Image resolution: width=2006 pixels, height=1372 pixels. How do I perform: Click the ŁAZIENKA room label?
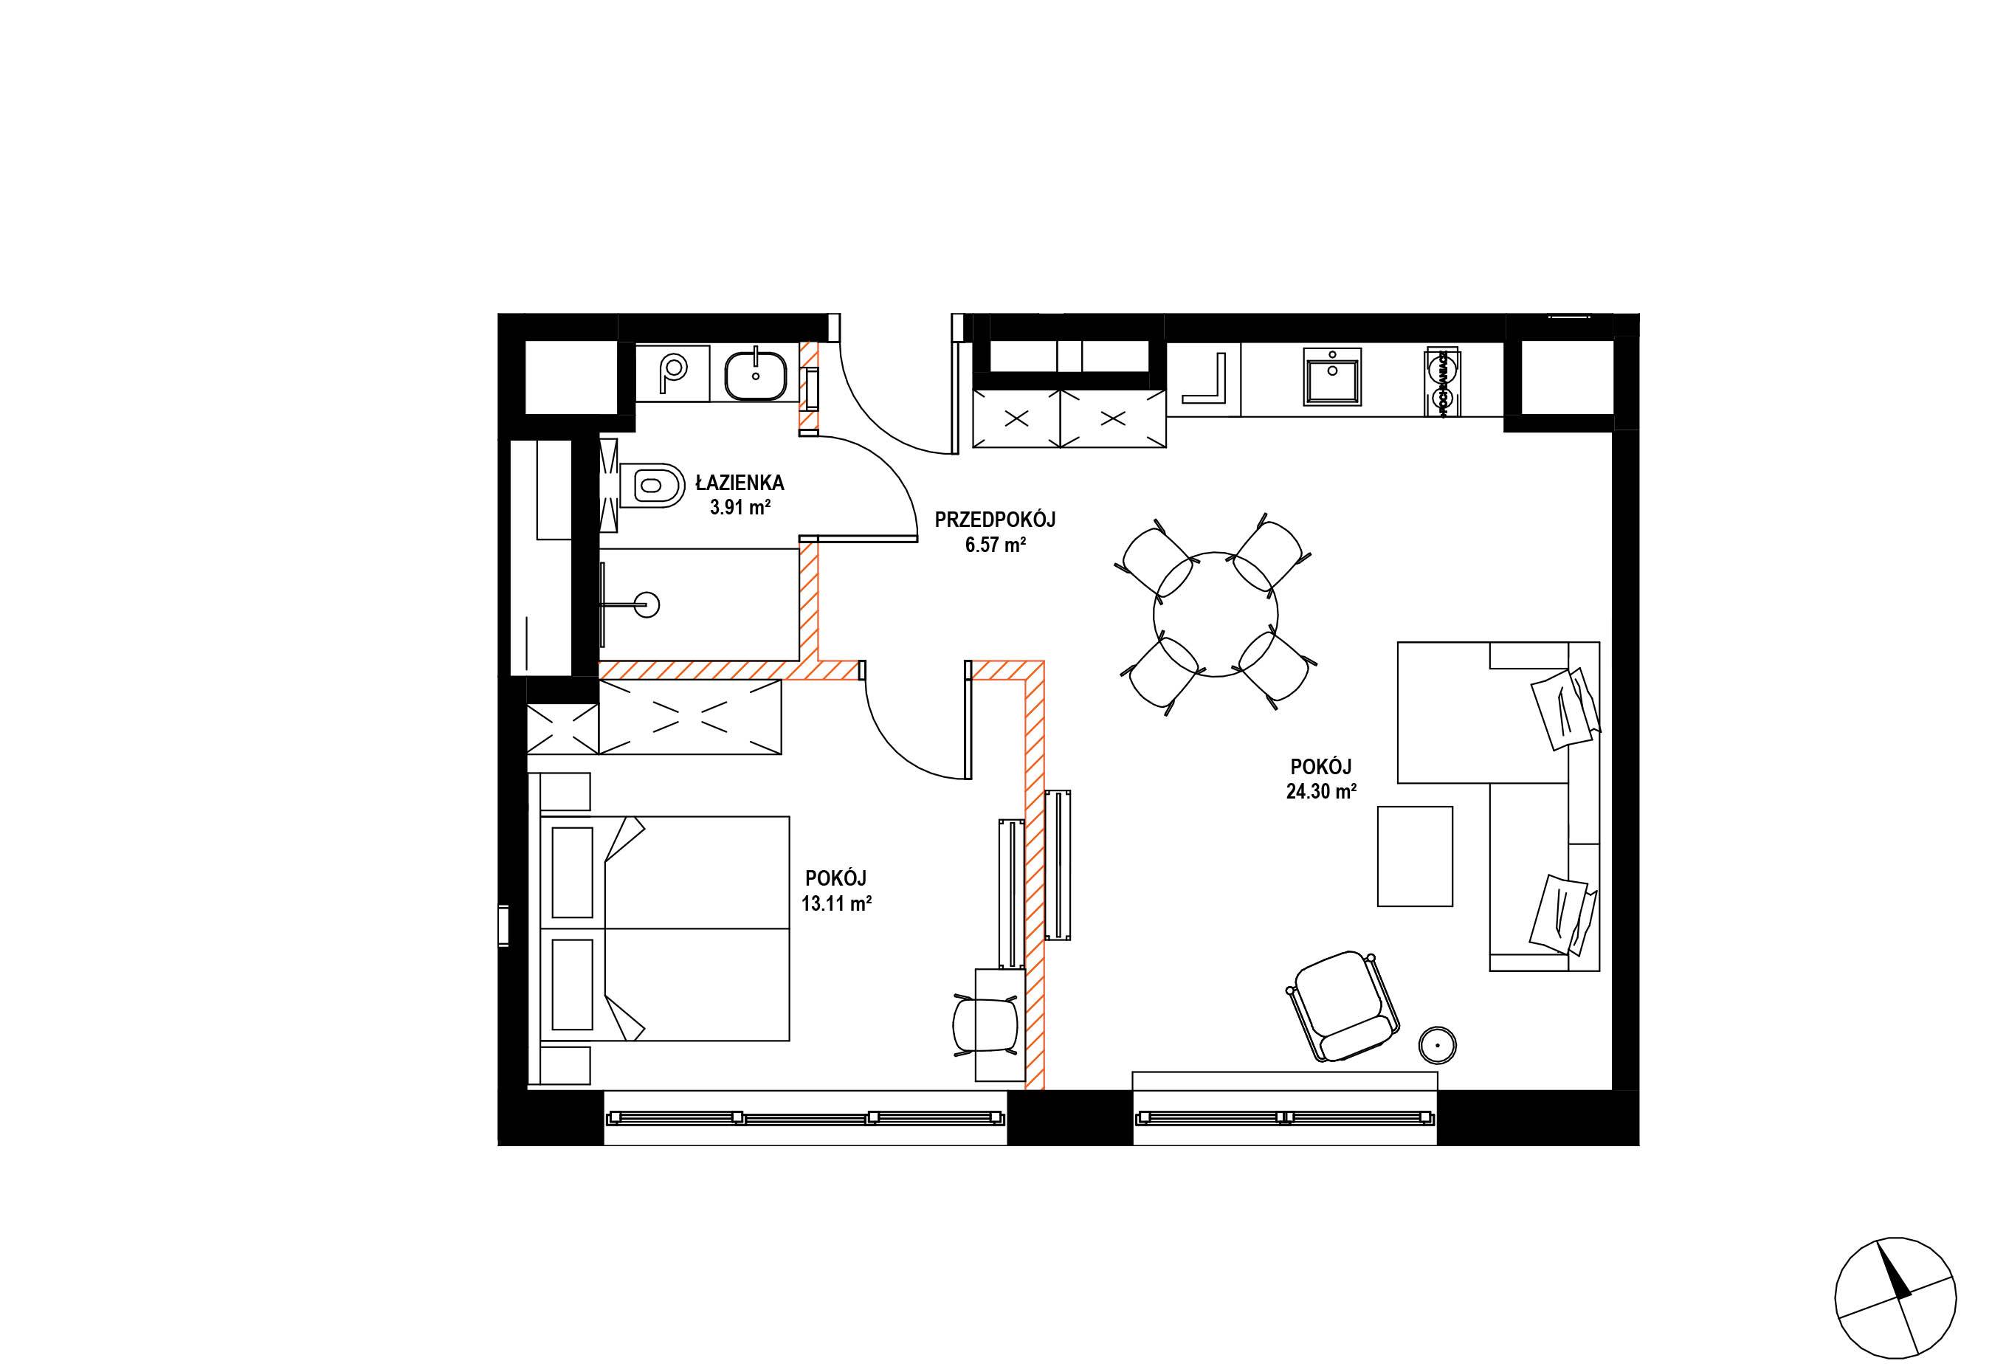tap(740, 483)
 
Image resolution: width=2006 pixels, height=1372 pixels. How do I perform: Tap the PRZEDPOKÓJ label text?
tap(995, 520)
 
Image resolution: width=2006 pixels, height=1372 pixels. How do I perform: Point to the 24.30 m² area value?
tap(1320, 791)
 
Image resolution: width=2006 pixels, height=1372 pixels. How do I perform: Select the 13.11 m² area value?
tap(835, 903)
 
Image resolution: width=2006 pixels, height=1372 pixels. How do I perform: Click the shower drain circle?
tap(646, 605)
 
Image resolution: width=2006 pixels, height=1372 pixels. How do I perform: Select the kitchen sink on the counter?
tap(1333, 378)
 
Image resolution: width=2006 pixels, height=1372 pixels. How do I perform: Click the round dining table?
tap(1216, 614)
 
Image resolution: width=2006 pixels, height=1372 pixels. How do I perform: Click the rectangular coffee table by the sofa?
tap(1415, 856)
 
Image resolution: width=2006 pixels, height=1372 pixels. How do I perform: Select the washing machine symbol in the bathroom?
tap(672, 372)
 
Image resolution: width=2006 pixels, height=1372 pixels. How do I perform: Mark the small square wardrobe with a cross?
tap(562, 729)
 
